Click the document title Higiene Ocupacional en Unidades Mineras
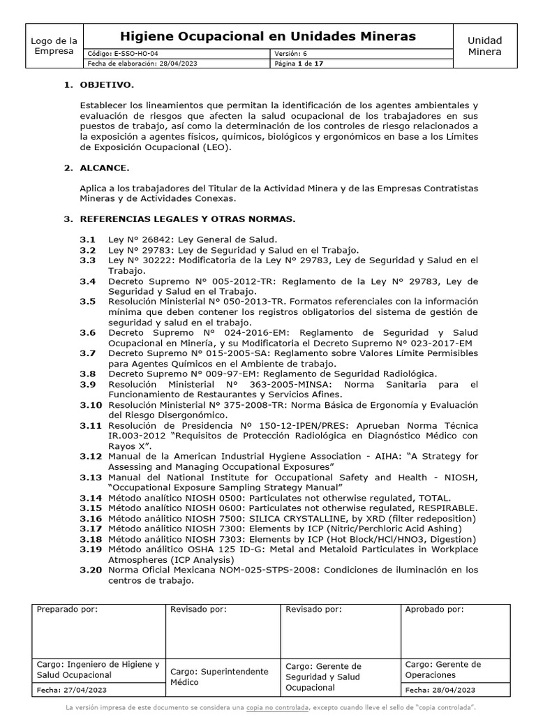click(268, 36)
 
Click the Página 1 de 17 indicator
click(299, 64)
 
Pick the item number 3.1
click(87, 239)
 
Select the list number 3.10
click(90, 405)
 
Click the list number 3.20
click(90, 570)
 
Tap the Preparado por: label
click(68, 610)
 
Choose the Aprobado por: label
click(434, 610)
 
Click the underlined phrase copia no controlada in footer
click(278, 707)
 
